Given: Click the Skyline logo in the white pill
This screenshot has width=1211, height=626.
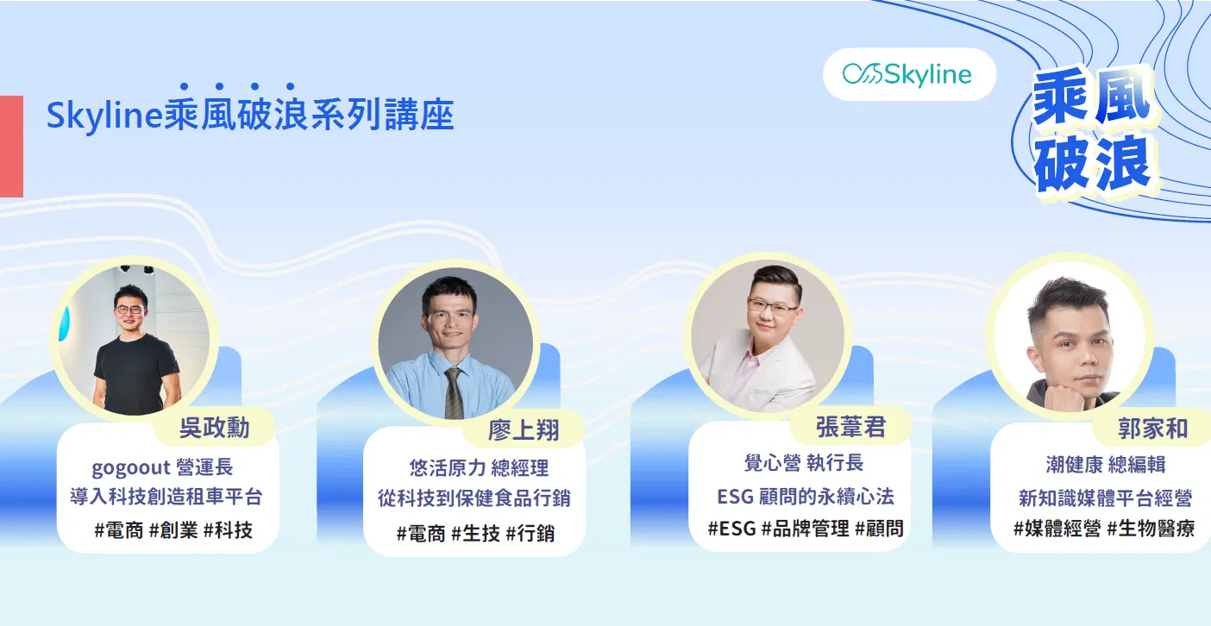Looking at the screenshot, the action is coord(907,75).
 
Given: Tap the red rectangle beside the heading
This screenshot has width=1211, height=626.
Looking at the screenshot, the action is coord(11,147).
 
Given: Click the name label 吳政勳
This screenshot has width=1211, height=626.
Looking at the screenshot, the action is coord(214,429).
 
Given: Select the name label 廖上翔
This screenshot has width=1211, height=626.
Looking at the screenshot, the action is coord(524,430).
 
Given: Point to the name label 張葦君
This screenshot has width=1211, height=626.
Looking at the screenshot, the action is coord(850,427).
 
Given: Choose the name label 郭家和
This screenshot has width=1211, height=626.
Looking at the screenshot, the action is coord(1152,429).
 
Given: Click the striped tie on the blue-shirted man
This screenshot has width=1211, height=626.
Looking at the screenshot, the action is coord(453,393).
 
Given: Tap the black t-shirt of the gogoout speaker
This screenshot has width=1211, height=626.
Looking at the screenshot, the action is coord(136,373).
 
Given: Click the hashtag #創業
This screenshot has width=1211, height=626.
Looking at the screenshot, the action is coord(173,530).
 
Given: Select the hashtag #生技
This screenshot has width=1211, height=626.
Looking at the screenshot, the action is coord(476,534).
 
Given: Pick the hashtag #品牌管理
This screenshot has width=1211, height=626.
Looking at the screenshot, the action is coord(806,529).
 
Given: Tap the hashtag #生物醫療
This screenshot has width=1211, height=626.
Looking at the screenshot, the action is coord(1151,529).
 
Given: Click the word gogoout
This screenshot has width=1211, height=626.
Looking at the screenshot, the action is coord(131,467).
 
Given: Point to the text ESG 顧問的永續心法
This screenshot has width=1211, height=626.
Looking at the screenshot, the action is coord(806,497).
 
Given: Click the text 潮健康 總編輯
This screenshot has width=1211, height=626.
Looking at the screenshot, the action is coord(1106,465).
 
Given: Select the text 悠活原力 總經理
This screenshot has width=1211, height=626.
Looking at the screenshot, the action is coord(479,468).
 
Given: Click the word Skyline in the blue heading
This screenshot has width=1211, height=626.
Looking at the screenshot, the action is coord(104,116).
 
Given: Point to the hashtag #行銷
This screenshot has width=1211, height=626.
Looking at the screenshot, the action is coord(530,534).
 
